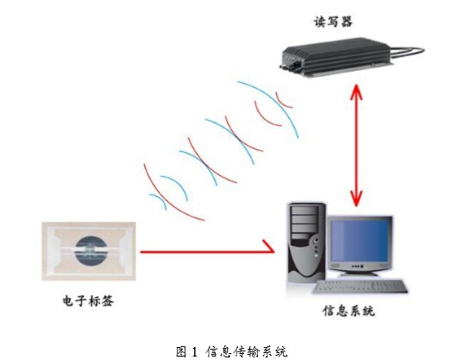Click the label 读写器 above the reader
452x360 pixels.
[x=333, y=22]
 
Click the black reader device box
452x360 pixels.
[x=336, y=57]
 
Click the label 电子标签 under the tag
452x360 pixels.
[x=89, y=301]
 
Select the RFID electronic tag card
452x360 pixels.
[x=89, y=251]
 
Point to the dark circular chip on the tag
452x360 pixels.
[x=91, y=250]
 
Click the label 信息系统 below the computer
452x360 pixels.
[x=348, y=312]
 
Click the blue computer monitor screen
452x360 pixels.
[x=359, y=241]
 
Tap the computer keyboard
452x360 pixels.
[x=360, y=287]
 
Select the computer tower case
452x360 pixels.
[x=306, y=243]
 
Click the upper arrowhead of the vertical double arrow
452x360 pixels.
[x=356, y=92]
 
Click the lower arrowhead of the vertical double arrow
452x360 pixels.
[x=356, y=199]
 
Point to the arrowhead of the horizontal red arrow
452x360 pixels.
[x=268, y=247]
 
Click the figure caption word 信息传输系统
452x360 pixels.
[x=247, y=352]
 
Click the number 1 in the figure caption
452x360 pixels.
[x=194, y=352]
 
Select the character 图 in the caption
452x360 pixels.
[x=182, y=352]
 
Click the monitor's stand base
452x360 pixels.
[x=359, y=274]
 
